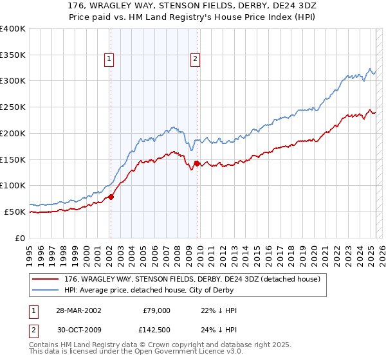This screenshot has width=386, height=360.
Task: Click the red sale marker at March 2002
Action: coord(111,197)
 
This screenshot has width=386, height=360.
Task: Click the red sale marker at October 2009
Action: coord(197,163)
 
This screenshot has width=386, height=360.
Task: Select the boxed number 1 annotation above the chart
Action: coord(109,60)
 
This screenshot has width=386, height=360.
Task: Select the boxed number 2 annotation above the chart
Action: coord(195,60)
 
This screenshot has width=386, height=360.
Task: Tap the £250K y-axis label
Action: coord(13,107)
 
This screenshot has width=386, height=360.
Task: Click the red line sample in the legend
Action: coord(46,279)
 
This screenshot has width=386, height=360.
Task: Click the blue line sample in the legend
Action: coord(46,291)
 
